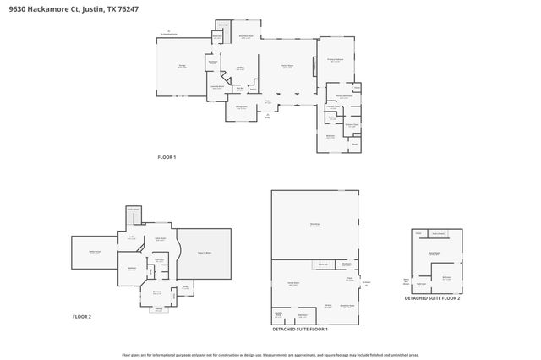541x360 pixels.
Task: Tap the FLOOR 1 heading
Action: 167,157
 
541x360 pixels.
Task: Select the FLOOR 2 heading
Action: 82,316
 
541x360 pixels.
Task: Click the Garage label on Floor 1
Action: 182,66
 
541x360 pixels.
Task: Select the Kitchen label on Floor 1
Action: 240,68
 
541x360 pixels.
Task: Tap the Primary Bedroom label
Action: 336,60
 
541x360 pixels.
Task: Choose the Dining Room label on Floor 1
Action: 241,106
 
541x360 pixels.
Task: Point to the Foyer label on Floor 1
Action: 268,101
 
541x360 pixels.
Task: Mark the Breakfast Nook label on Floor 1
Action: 247,37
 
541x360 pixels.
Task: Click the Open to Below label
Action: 204,252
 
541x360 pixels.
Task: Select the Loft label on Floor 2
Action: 131,238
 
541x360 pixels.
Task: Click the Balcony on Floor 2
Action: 158,308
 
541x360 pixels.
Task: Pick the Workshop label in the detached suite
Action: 314,224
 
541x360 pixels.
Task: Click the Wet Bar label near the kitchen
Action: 240,89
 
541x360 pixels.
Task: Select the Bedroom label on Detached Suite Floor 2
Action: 445,276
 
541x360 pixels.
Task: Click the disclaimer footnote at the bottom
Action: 270,355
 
